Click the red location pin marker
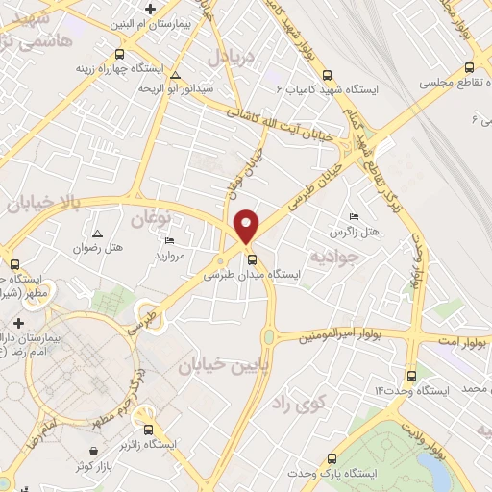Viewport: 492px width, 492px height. pyautogui.click(x=248, y=225)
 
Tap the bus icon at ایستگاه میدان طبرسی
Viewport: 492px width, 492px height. pyautogui.click(x=251, y=259)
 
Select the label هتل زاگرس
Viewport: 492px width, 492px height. pyautogui.click(x=355, y=232)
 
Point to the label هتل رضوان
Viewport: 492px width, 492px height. pyautogui.click(x=98, y=248)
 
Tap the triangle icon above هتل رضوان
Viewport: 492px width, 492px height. pyautogui.click(x=97, y=234)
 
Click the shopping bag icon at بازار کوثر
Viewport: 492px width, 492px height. pyautogui.click(x=92, y=451)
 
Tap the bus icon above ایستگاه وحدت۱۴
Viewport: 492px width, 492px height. pyautogui.click(x=411, y=375)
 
